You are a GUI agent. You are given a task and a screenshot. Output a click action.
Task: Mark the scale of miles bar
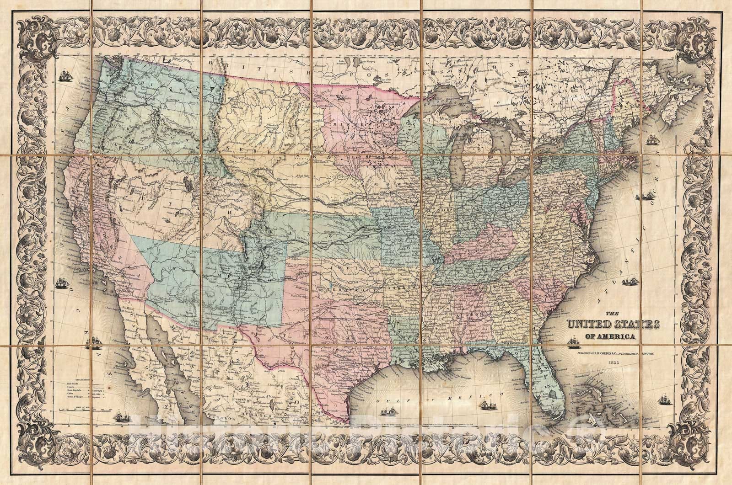(x=82, y=408)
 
